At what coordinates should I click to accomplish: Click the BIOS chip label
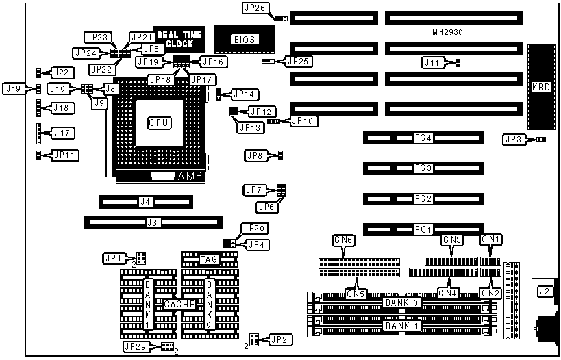245,40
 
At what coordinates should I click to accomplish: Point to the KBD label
540,87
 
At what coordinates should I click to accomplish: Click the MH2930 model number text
451,31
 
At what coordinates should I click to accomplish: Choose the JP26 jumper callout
254,8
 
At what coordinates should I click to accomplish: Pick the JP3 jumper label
513,140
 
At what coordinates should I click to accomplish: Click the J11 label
432,63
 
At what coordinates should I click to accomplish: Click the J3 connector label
153,222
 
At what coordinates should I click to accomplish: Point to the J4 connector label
145,202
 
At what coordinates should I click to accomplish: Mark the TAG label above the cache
209,259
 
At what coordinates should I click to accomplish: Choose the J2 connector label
544,292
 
